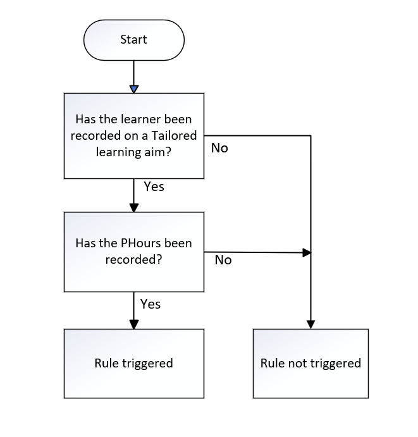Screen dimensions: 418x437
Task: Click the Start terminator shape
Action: click(134, 40)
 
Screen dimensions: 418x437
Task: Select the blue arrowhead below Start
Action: click(134, 89)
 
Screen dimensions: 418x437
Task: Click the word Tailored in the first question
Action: click(174, 135)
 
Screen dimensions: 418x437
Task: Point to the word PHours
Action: click(141, 243)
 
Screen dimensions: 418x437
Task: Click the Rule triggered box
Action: click(134, 364)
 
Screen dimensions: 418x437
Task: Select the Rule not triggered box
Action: click(310, 364)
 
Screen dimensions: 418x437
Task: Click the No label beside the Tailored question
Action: click(219, 148)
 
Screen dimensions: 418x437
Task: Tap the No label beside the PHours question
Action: click(223, 260)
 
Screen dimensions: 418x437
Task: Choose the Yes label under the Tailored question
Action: click(154, 187)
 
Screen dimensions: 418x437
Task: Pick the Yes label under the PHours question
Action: click(151, 304)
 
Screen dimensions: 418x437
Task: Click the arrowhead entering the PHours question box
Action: click(134, 207)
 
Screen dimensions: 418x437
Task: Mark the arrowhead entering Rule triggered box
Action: click(134, 324)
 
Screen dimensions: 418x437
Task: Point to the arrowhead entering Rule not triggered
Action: click(310, 324)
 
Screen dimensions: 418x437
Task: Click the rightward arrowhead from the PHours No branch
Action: click(307, 253)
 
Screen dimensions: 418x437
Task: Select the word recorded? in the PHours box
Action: click(134, 259)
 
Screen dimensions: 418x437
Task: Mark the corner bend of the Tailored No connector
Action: click(310, 136)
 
